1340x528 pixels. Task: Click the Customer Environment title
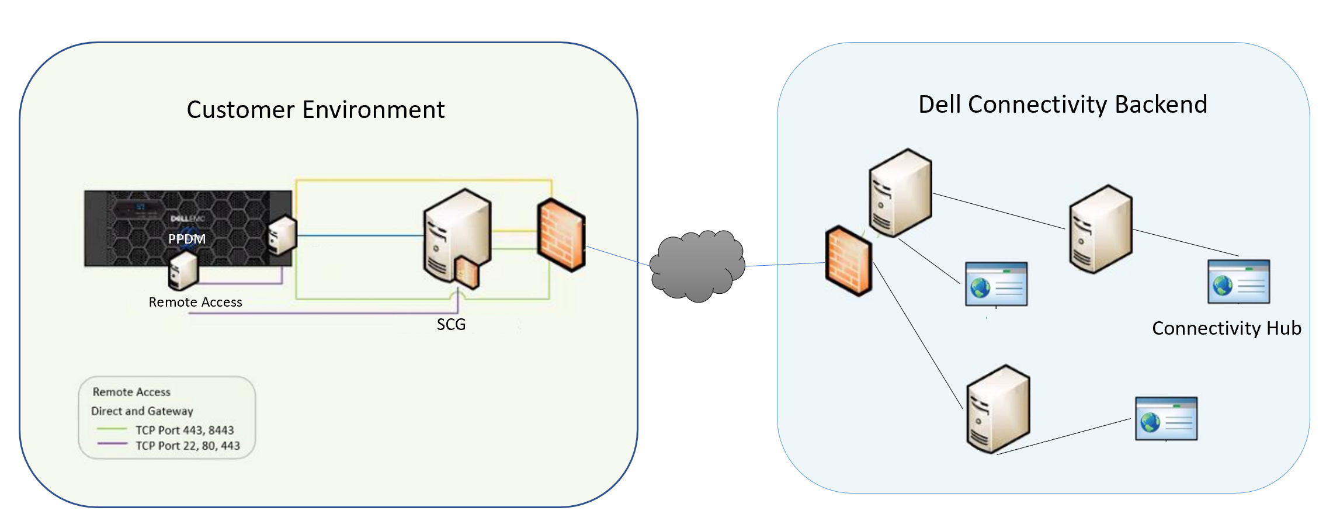[315, 110]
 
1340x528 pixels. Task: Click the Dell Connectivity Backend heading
[1062, 105]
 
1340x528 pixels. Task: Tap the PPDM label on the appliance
[187, 239]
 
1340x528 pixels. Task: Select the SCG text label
[451, 324]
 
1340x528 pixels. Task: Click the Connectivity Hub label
[1226, 328]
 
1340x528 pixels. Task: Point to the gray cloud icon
[697, 266]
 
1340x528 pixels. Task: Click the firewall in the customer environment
[561, 235]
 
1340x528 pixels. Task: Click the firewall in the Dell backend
[848, 260]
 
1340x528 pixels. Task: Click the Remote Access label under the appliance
[195, 302]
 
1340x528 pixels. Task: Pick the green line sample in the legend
[112, 429]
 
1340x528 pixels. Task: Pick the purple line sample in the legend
[112, 444]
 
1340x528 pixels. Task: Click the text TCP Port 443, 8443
[185, 430]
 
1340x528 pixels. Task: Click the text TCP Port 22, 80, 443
[188, 446]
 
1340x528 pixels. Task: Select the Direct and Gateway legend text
[142, 411]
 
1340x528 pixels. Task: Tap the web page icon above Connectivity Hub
[1238, 282]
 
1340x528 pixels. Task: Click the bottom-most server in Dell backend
[998, 409]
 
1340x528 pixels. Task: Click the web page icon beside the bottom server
[1166, 419]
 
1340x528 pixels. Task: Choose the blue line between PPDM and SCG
[359, 236]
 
